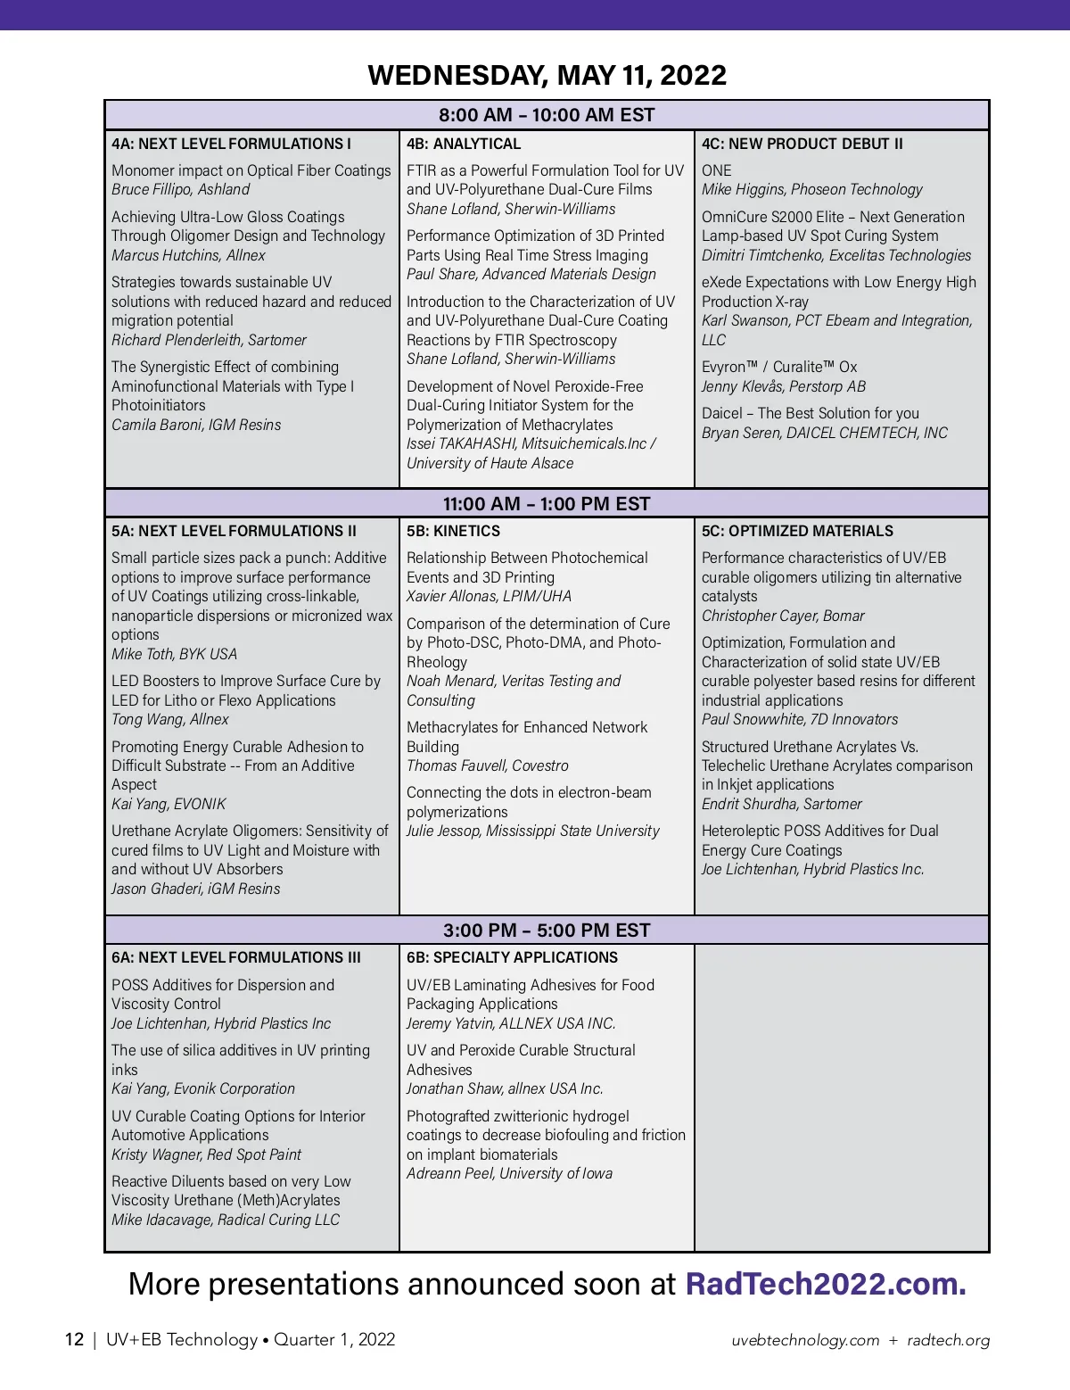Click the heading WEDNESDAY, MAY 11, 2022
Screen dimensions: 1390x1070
click(x=547, y=75)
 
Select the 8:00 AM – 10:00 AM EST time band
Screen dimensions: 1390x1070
click(x=547, y=115)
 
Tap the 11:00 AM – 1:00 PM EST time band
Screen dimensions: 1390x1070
click(x=547, y=503)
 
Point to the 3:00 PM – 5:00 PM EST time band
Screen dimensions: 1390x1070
click(x=547, y=931)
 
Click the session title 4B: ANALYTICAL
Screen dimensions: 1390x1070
click(x=464, y=144)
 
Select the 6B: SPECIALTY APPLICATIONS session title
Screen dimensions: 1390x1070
click(x=512, y=957)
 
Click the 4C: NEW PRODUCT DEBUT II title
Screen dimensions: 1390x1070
click(x=802, y=144)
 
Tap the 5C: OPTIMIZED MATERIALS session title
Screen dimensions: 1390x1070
click(x=797, y=531)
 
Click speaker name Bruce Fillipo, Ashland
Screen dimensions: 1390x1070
click(x=180, y=189)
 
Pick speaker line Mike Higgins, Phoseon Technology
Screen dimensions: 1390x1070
click(x=811, y=189)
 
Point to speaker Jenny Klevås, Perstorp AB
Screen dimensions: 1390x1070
click(x=783, y=386)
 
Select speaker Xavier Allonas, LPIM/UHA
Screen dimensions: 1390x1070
click(x=489, y=596)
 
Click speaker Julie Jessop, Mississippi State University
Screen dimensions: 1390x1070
click(x=532, y=831)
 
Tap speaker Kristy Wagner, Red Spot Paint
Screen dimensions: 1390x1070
click(x=206, y=1154)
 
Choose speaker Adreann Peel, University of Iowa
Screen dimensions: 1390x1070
click(x=509, y=1173)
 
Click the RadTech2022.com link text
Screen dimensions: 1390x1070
click(x=825, y=1284)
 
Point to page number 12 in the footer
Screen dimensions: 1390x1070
click(x=74, y=1339)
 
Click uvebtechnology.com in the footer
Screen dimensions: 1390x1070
click(x=805, y=1340)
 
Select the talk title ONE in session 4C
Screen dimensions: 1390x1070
click(x=716, y=170)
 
